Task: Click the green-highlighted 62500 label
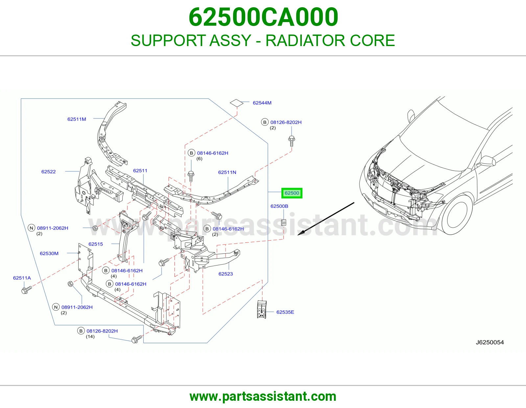point(292,193)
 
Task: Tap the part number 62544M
point(262,103)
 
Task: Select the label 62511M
point(77,119)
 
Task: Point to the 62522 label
point(48,171)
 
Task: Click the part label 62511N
point(227,172)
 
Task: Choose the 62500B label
point(279,206)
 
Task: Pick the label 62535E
point(285,312)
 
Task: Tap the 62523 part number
point(226,274)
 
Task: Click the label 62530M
point(49,253)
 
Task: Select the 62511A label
point(22,278)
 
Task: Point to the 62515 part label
point(96,244)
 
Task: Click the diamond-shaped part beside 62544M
point(236,103)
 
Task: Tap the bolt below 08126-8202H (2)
point(292,141)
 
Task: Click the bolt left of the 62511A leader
point(26,290)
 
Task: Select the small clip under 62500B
point(283,222)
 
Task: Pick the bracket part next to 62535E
point(262,309)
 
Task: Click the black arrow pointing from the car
point(326,219)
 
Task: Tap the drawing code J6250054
point(490,342)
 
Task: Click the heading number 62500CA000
point(263,17)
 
